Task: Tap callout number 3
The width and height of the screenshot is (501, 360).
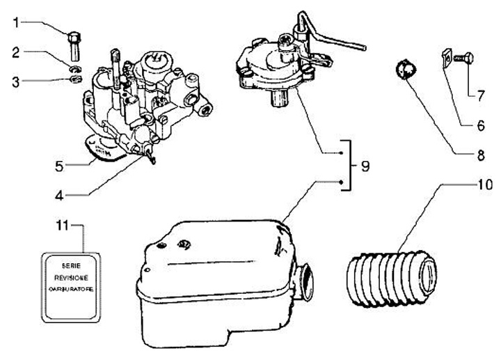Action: point(15,81)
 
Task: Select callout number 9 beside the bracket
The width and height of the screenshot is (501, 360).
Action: point(365,167)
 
